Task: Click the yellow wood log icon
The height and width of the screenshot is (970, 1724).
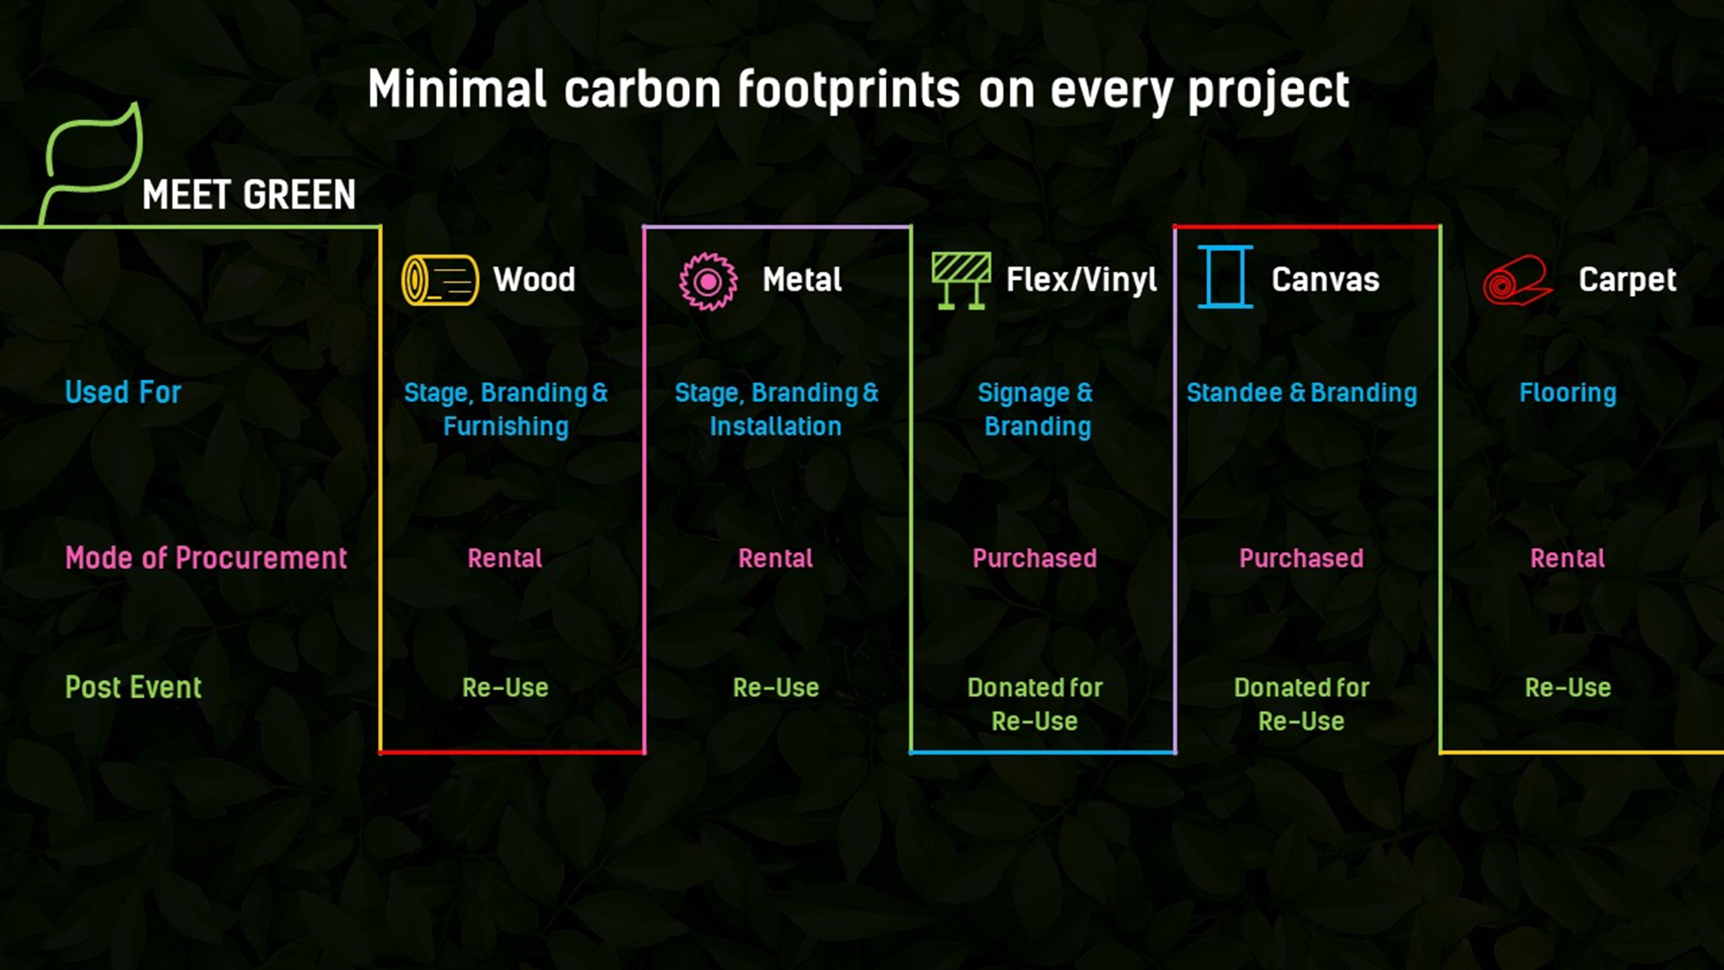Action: [x=440, y=280]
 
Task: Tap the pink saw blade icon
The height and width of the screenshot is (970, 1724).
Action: [x=708, y=281]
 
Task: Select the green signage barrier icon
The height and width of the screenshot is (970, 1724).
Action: [x=961, y=281]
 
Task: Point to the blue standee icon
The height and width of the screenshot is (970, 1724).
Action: [x=1225, y=276]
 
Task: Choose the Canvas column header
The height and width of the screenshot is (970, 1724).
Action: [x=1325, y=280]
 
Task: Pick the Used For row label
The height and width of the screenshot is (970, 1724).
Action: [x=123, y=392]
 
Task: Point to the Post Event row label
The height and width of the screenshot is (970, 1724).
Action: [x=133, y=687]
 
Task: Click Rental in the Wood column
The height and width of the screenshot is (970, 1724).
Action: [x=505, y=558]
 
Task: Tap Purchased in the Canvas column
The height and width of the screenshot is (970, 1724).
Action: [x=1301, y=558]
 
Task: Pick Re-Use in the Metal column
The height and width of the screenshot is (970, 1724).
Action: [x=776, y=687]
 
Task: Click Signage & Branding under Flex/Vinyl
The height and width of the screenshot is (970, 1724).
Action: [x=1035, y=410]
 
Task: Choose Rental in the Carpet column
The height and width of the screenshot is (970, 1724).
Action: [x=1567, y=558]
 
